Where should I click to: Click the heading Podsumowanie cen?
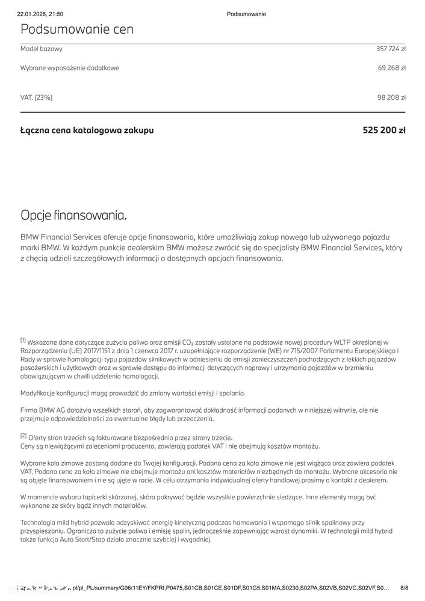coord(77,29)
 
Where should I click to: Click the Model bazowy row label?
coord(42,49)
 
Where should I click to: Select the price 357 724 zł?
coord(391,49)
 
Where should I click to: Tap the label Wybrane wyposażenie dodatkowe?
coord(70,68)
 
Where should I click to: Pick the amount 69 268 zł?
coord(392,68)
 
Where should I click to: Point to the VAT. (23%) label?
coord(37,97)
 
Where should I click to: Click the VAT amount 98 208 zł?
coord(392,97)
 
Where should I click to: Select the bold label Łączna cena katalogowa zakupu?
coord(87,130)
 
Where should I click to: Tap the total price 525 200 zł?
coord(384,130)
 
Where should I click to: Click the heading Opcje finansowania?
coord(73,215)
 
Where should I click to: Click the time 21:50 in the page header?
coord(56,14)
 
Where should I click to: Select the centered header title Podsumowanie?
coord(247,14)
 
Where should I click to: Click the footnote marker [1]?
coord(23,340)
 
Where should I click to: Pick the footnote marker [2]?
coord(23,435)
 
